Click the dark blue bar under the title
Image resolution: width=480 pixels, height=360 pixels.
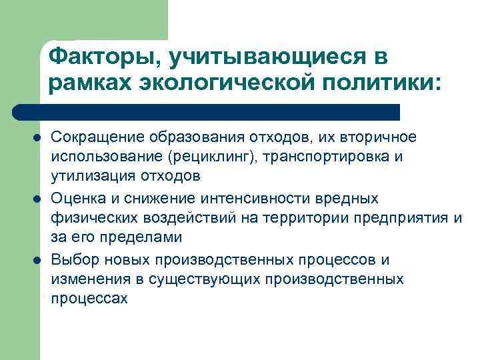tap(207, 112)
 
